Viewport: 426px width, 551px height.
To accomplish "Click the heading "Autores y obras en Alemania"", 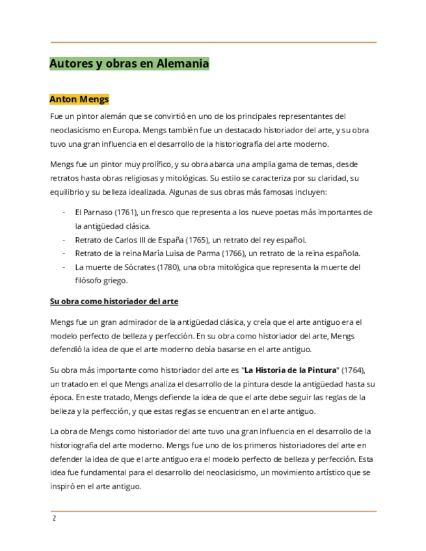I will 129,64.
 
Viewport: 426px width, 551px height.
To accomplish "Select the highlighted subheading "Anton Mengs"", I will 79,99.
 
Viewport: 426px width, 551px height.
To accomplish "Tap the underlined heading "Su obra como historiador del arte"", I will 114,301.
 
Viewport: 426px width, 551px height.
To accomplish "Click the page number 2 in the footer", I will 55,519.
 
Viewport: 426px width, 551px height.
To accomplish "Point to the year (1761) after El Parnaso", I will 126,212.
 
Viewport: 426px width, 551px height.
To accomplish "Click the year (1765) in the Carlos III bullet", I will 196,240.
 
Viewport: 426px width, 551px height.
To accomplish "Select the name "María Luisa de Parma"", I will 178,253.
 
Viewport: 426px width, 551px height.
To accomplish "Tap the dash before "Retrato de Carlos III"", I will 64,240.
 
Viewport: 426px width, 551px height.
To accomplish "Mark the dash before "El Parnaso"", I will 64,212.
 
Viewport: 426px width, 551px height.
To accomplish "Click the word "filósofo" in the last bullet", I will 90,281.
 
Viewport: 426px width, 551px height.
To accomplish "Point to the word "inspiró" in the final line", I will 64,486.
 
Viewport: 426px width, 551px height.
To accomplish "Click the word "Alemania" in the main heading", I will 184,64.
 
